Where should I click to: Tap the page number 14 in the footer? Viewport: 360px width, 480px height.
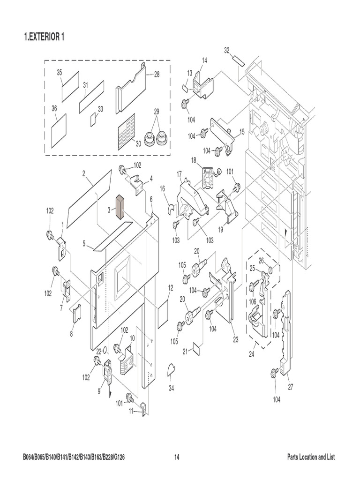(177, 457)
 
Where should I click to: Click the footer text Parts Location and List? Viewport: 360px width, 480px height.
(311, 457)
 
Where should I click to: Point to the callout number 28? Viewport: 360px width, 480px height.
(157, 74)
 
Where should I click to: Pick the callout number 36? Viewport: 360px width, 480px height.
(54, 108)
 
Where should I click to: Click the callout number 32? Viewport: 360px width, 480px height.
(227, 50)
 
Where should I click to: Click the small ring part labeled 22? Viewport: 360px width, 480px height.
(106, 349)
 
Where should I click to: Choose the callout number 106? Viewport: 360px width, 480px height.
(253, 301)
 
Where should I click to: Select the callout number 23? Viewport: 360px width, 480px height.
(235, 339)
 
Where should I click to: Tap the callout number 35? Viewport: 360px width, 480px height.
(60, 72)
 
